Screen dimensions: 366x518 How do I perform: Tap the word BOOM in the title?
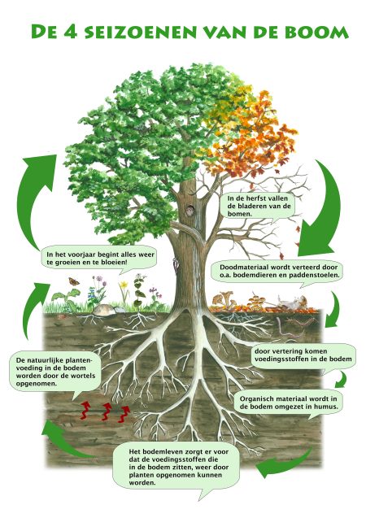click(x=320, y=32)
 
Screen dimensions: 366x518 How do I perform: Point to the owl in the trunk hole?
click(x=190, y=211)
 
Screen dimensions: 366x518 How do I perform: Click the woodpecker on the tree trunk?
click(x=175, y=265)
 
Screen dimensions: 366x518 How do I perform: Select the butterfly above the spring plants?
click(x=72, y=281)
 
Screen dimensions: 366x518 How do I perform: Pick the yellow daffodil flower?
click(x=124, y=285)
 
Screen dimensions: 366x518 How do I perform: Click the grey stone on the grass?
click(x=104, y=310)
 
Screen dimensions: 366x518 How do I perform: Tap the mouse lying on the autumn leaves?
click(x=291, y=303)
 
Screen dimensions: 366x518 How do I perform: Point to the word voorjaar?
click(x=80, y=255)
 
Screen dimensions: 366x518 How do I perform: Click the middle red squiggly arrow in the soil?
click(x=106, y=411)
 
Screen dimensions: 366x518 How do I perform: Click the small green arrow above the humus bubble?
click(x=342, y=380)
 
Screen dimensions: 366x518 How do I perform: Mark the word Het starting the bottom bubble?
click(x=134, y=451)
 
